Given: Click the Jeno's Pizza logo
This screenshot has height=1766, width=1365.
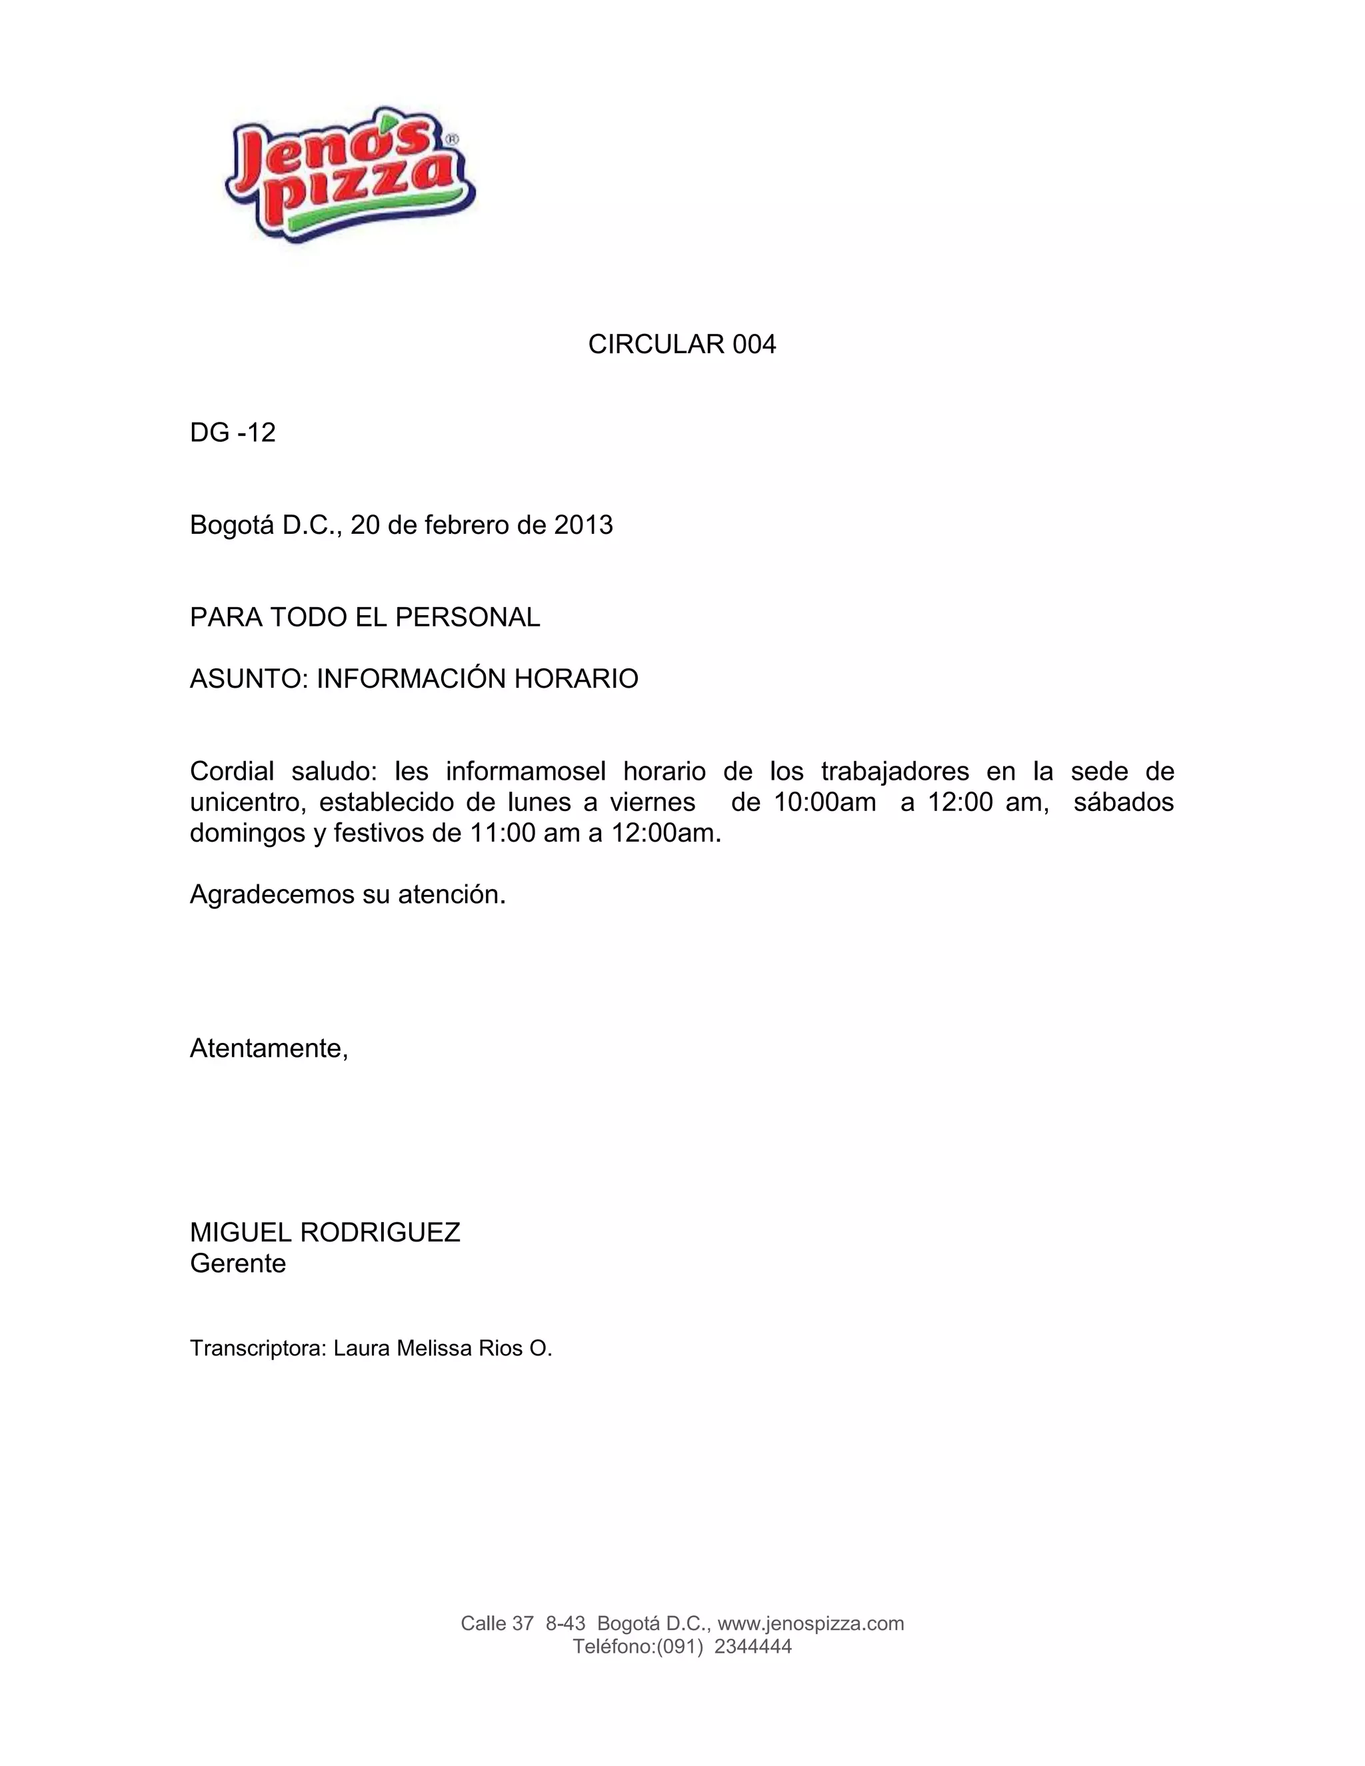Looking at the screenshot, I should click(x=350, y=174).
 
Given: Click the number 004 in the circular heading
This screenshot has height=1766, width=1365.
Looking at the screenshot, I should click(x=754, y=345).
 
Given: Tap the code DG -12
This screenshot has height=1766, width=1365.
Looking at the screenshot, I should click(x=233, y=433).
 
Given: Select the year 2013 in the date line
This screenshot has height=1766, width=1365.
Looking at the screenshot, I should click(x=583, y=526).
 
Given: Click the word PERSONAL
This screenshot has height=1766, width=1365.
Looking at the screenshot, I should click(x=467, y=618).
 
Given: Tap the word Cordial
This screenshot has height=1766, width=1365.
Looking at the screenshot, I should click(x=233, y=772).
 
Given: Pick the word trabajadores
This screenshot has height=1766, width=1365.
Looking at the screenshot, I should click(x=894, y=772).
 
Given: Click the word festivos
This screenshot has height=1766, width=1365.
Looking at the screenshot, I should click(x=379, y=833).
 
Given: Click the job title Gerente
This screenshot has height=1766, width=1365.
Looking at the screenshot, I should click(x=238, y=1263).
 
